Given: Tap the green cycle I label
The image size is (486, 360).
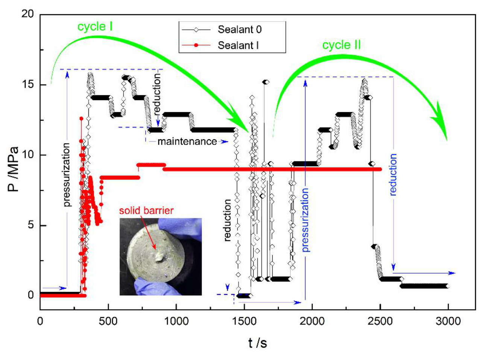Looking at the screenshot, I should coord(95,26).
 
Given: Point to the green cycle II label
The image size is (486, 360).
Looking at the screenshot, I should coord(341,45).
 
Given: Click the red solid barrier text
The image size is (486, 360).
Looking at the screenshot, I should coord(146,210).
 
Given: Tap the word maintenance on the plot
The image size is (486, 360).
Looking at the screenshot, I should coord(187,142).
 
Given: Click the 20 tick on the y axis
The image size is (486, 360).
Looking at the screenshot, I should coord(27,14).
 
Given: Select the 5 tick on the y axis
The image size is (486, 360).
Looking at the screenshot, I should coord(30,225).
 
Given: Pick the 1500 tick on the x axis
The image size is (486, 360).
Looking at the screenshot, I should coord(244,321).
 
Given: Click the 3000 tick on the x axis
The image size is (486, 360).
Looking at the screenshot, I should coord(448,321).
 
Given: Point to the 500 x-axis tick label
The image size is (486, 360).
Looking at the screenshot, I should coord(108,321).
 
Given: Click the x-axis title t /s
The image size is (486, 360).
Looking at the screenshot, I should coord(258,343).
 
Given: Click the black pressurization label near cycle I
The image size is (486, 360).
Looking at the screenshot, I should coord(67,175).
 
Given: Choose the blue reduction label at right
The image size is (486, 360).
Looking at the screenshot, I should coord(393,174).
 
